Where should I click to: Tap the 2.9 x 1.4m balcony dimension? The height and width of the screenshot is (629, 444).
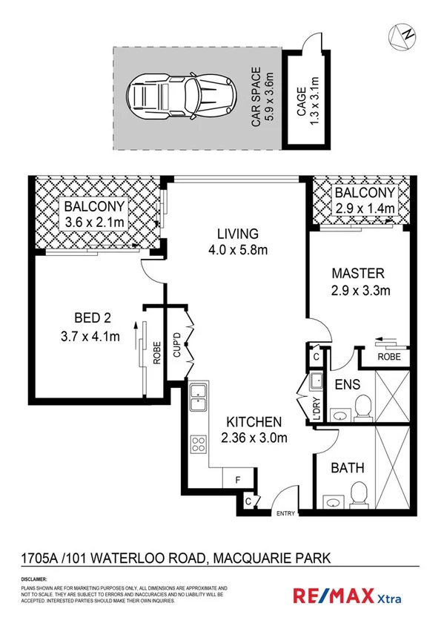pos(360,208)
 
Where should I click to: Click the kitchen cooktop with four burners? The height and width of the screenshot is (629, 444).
pos(199,445)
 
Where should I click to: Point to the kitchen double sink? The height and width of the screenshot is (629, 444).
pos(198,398)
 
